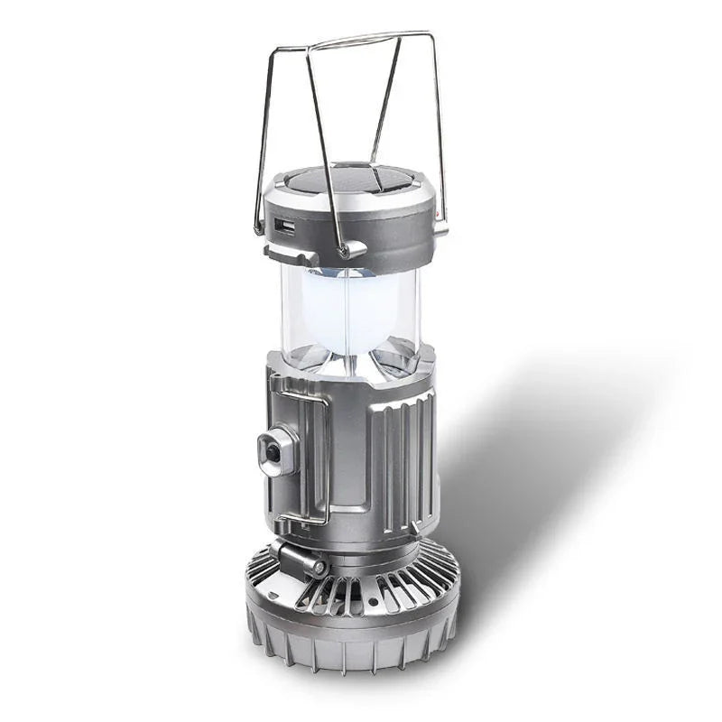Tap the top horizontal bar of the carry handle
click(x=370, y=41)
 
